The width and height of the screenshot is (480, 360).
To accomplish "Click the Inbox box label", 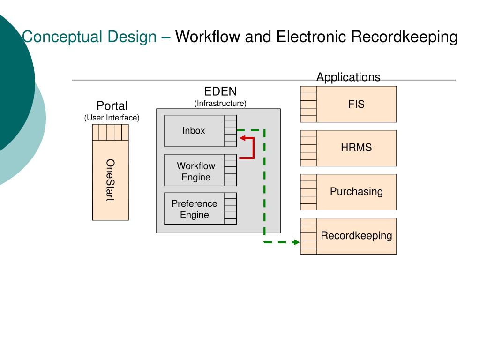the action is coord(194,131).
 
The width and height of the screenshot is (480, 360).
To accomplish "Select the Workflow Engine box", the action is coord(200,170).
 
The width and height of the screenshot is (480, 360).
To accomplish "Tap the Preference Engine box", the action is coord(200,209).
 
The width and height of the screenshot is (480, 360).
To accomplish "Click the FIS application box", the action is coord(348,104).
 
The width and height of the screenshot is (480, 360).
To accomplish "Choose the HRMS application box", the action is coord(348,148).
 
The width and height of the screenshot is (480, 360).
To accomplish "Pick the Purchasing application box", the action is coord(348,192).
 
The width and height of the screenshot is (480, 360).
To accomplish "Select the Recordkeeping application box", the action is coord(348,236).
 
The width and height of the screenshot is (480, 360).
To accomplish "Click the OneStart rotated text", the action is coord(110,180).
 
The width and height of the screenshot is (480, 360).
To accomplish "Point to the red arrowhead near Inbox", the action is coord(242,138).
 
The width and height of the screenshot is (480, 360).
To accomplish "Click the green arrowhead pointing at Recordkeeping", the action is coord(296,242).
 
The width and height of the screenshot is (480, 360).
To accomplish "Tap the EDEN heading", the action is coord(220,91).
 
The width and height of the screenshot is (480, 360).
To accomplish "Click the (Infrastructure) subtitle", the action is coord(220,104).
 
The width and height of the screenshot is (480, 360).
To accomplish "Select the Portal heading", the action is coord(112,106).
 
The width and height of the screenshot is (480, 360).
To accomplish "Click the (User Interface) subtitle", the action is coord(112,118).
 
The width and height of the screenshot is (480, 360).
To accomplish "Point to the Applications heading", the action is coord(348,77).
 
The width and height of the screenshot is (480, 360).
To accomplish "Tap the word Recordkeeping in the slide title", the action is coord(405,37).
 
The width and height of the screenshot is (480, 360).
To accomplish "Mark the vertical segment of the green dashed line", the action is coord(264,182).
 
